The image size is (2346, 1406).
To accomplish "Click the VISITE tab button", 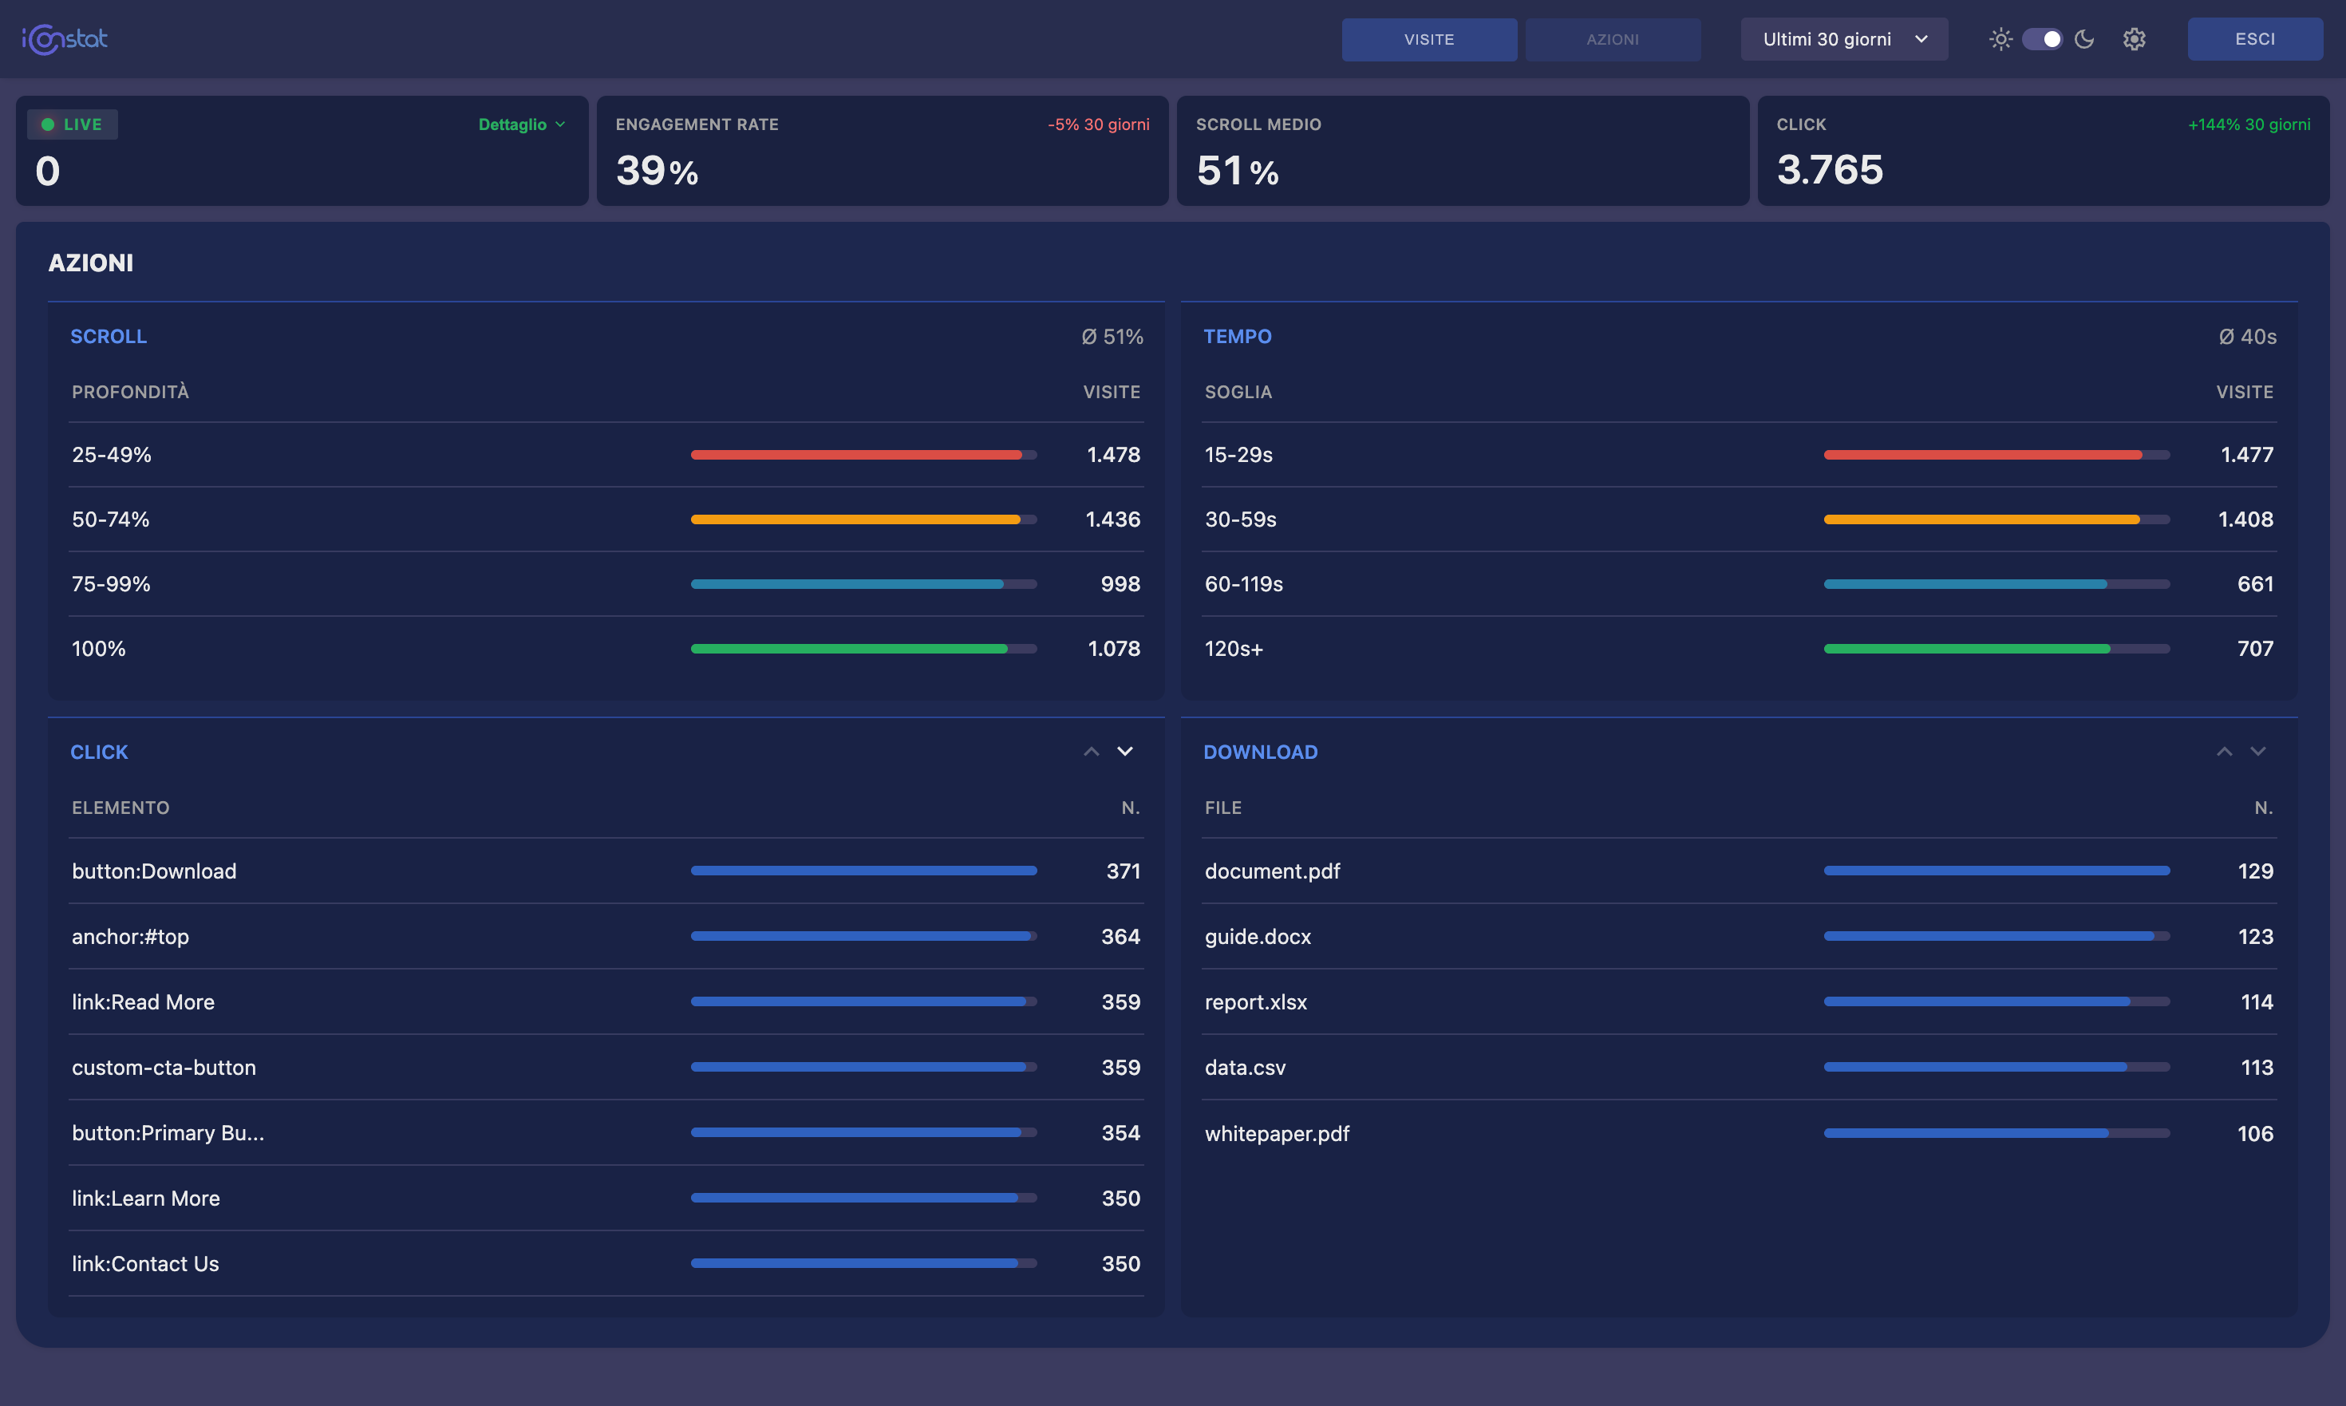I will tap(1429, 40).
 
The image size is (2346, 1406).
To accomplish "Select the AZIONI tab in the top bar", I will tap(1612, 40).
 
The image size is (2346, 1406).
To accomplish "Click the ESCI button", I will tap(2254, 40).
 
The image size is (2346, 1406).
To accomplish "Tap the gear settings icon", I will tap(2134, 40).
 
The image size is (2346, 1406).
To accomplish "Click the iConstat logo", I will tap(65, 40).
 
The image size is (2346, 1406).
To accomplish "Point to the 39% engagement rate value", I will tap(657, 172).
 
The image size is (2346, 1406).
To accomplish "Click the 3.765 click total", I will tap(1830, 171).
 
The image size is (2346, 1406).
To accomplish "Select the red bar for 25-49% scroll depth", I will tap(855, 455).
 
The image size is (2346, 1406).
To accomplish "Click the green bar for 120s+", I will tap(1966, 649).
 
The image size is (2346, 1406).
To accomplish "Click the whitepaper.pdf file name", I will tap(1276, 1134).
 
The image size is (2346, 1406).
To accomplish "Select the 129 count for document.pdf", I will tap(2255, 871).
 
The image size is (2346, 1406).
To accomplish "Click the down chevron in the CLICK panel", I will tap(1124, 752).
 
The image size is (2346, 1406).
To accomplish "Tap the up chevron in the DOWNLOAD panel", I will tap(2224, 752).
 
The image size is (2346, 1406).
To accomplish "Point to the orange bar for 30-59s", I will tap(1981, 519).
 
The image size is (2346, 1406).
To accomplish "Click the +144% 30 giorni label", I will tap(2249, 125).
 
